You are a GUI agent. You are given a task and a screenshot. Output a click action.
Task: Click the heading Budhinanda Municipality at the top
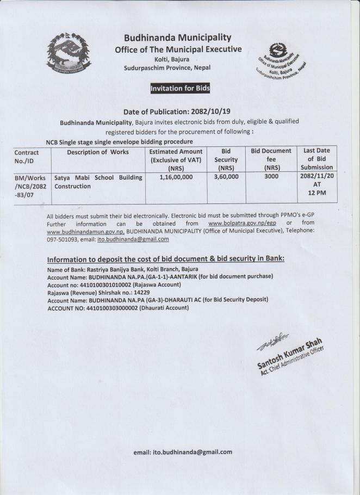(x=178, y=38)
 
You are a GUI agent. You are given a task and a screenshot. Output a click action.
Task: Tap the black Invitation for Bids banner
(x=179, y=88)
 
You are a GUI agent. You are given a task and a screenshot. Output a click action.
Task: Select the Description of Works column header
(x=98, y=152)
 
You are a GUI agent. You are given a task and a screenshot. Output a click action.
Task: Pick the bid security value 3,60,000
(x=226, y=177)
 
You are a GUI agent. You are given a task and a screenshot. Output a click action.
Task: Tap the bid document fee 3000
(x=271, y=177)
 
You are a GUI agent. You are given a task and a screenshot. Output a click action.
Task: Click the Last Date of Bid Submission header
(x=318, y=159)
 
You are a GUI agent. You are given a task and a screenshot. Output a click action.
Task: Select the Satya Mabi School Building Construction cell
(x=98, y=182)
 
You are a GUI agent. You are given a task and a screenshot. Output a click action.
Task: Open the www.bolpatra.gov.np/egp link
(x=244, y=224)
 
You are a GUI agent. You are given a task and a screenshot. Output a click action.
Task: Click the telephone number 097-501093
(x=63, y=239)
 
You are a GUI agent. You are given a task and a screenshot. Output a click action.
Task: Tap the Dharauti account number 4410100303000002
(x=110, y=308)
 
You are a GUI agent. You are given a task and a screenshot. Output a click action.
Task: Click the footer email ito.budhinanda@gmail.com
(x=183, y=452)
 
